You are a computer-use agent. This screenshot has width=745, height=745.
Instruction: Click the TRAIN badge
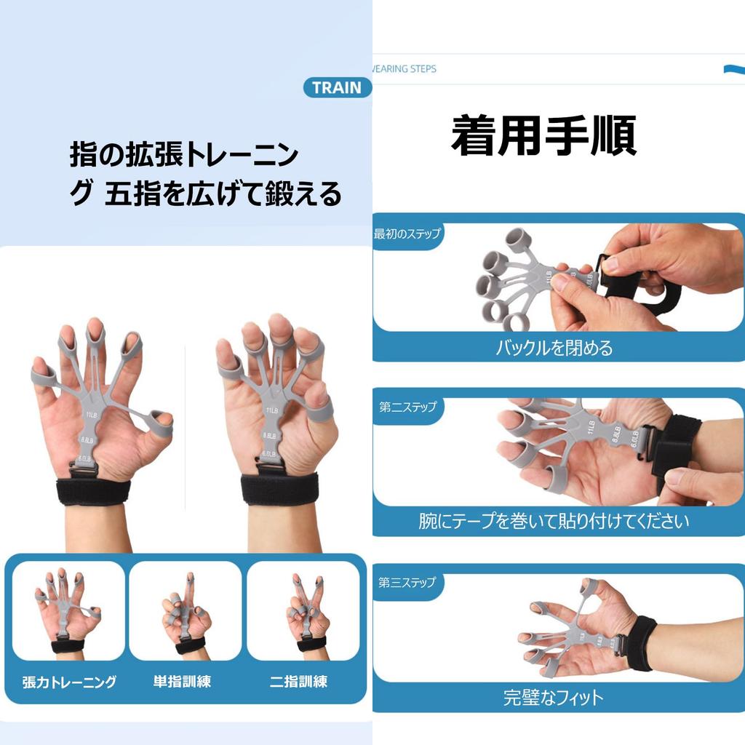pyautogui.click(x=336, y=88)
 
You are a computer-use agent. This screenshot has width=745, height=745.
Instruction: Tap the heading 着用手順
pyautogui.click(x=543, y=135)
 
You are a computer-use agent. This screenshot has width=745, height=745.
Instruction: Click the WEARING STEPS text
pyautogui.click(x=405, y=68)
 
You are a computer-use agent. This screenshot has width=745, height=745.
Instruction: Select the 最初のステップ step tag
pyautogui.click(x=407, y=234)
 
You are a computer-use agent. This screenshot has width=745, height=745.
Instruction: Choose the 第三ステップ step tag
pyautogui.click(x=407, y=582)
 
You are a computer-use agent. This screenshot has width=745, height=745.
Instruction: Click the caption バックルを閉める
pyautogui.click(x=554, y=348)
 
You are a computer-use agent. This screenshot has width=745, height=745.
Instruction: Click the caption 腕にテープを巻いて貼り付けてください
pyautogui.click(x=554, y=522)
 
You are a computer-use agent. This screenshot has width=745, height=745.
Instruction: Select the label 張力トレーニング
pyautogui.click(x=69, y=682)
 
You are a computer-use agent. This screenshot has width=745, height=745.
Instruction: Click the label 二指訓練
pyautogui.click(x=298, y=682)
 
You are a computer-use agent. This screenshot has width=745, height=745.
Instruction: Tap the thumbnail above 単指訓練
pyautogui.click(x=186, y=611)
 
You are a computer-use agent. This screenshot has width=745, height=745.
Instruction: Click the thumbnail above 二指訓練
pyautogui.click(x=303, y=611)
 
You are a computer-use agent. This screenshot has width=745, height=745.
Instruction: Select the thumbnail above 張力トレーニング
pyautogui.click(x=68, y=611)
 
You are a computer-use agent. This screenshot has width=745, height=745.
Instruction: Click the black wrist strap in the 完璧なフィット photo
pyautogui.click(x=640, y=642)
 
